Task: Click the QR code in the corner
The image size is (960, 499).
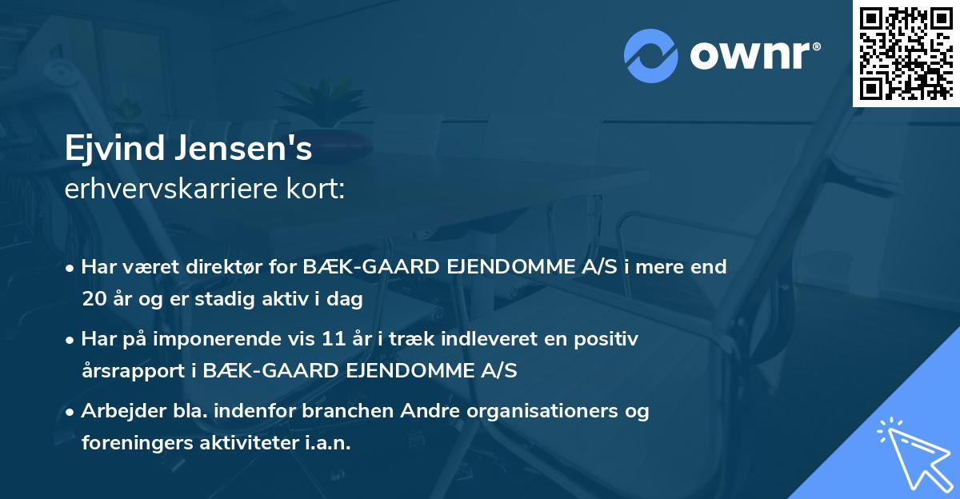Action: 906,53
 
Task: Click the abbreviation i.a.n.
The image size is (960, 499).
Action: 329,443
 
